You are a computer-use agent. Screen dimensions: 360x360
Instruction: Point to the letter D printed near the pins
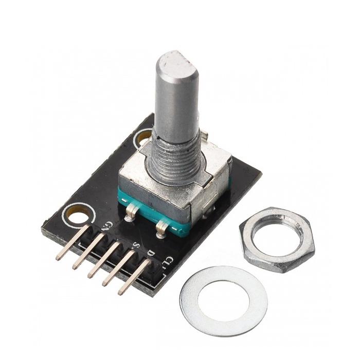click(x=150, y=253)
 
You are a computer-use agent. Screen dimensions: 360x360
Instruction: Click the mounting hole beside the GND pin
click(x=78, y=214)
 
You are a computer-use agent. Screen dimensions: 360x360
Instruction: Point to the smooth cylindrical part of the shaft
click(x=175, y=103)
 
